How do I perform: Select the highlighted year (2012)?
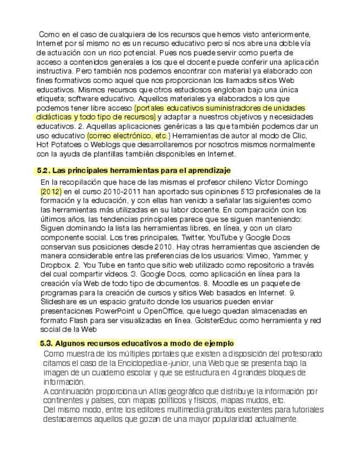click(x=51, y=192)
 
